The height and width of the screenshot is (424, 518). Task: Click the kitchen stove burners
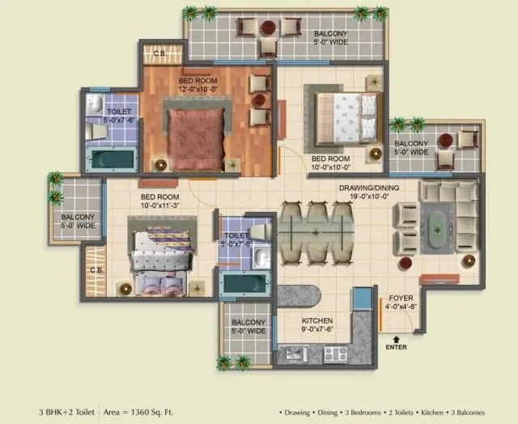point(335,354)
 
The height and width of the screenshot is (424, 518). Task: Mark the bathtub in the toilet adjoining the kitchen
point(244,285)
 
